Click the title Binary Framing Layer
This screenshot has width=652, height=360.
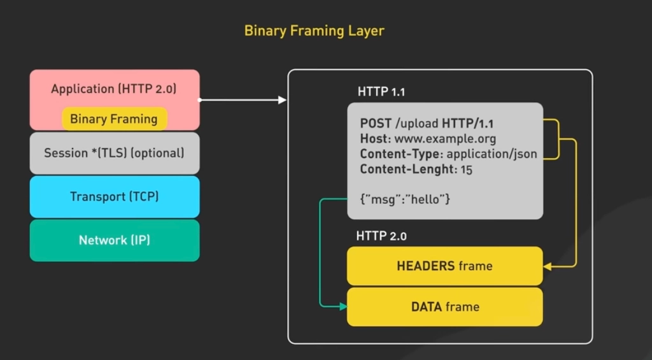coord(314,31)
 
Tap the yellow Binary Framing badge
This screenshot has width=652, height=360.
coord(114,119)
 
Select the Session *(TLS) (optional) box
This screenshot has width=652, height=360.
coord(114,153)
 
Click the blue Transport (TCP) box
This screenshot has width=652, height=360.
coord(114,196)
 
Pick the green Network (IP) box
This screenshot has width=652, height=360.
coord(114,240)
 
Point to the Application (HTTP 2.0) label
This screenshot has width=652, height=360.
coord(114,89)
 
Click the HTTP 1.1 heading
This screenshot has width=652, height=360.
coord(381,92)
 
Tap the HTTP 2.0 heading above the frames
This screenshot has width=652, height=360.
coord(381,236)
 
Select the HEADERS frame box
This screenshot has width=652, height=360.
coord(444,266)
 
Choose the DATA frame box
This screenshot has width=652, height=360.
coord(444,306)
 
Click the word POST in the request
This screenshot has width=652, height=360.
coord(376,124)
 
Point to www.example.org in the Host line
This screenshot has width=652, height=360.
coord(445,139)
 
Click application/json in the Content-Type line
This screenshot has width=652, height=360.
coord(492,154)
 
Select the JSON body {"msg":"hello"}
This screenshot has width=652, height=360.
coord(405,199)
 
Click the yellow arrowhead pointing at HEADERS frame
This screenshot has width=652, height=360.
coord(547,266)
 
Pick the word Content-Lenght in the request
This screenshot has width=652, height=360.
coord(406,169)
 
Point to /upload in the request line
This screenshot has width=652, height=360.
coord(417,124)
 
